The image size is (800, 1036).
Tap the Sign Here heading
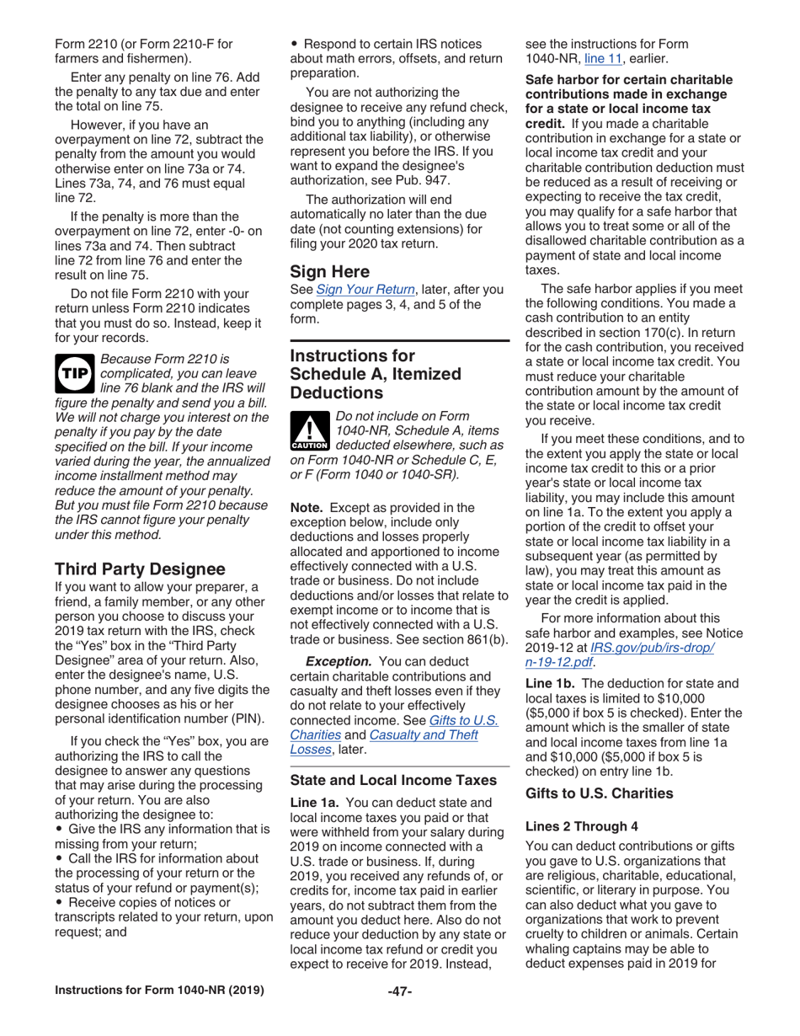[330, 271]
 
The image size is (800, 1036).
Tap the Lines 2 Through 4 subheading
[581, 826]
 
